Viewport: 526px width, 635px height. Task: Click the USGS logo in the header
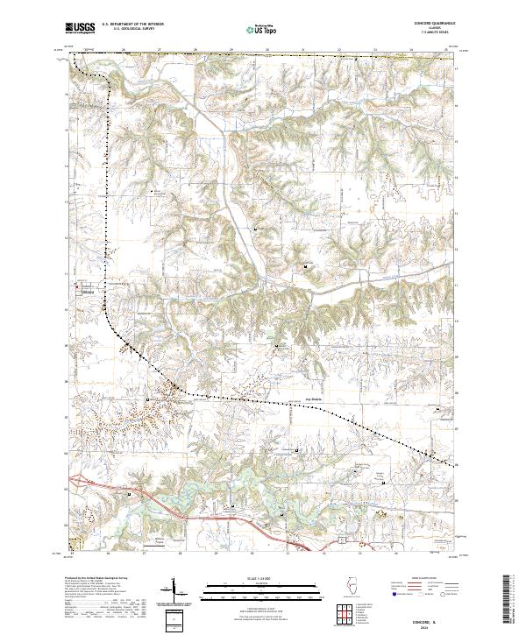pyautogui.click(x=80, y=28)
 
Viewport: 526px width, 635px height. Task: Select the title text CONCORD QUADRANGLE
pyautogui.click(x=436, y=24)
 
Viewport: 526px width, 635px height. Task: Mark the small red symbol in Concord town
pyautogui.click(x=76, y=286)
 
